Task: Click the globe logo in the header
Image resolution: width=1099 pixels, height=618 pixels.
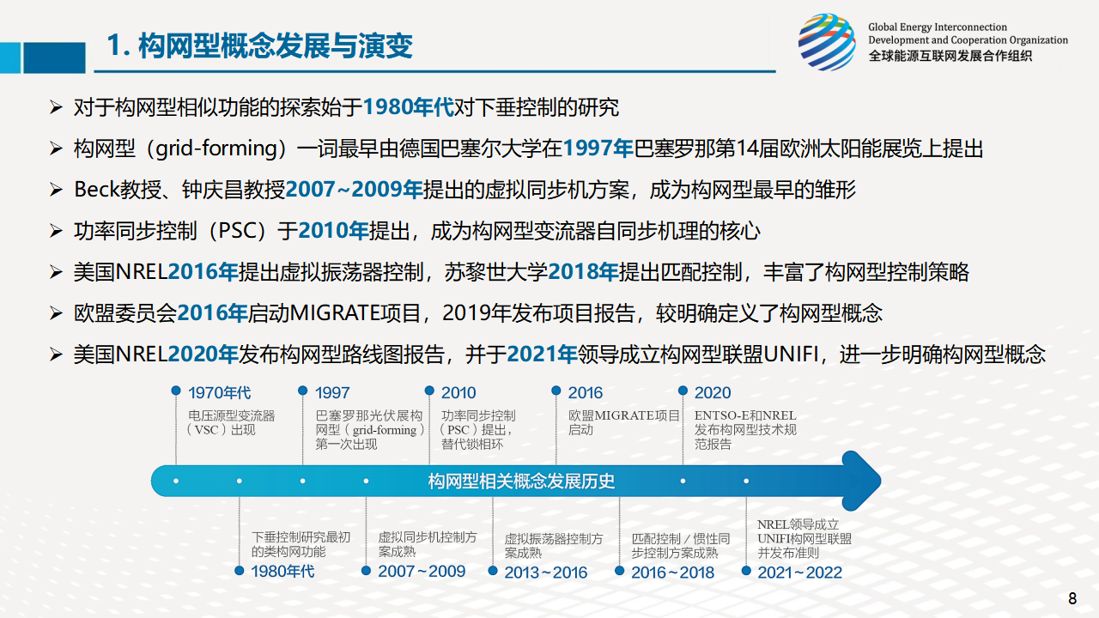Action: point(827,42)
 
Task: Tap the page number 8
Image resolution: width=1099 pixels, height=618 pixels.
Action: point(1072,598)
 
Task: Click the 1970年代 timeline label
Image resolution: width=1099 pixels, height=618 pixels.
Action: point(219,392)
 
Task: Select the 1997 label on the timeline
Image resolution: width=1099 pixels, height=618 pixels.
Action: point(332,392)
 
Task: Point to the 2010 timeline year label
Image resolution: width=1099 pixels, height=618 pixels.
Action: point(458,392)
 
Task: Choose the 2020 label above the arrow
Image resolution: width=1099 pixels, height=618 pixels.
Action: point(713,392)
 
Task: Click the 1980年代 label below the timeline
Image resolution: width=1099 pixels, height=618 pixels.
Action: point(282,571)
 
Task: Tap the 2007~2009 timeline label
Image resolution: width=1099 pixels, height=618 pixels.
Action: point(422,571)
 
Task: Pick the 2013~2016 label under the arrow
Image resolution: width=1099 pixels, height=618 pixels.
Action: point(545,572)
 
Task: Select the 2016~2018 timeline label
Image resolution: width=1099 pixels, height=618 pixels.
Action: point(672,572)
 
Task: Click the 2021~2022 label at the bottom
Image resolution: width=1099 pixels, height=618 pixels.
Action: point(799,572)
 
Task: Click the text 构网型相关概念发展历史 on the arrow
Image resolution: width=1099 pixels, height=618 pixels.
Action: point(521,482)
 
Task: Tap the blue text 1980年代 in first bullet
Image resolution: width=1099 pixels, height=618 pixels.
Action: point(408,107)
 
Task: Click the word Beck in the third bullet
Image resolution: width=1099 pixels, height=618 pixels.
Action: point(97,190)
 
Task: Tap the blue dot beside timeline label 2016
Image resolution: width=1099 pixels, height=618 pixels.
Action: point(556,391)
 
